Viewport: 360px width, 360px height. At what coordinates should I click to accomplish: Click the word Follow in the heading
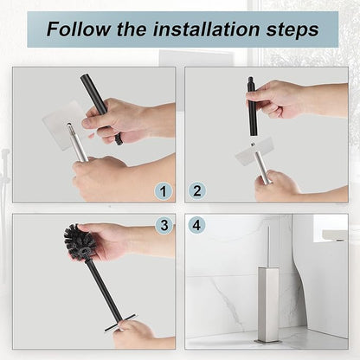point(74,29)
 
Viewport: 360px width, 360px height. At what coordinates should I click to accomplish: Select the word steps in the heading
point(289,29)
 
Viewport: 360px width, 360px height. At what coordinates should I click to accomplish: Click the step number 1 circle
point(163,190)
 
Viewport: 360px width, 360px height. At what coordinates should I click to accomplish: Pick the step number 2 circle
point(197,190)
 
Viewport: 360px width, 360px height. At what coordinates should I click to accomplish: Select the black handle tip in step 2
point(252,87)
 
